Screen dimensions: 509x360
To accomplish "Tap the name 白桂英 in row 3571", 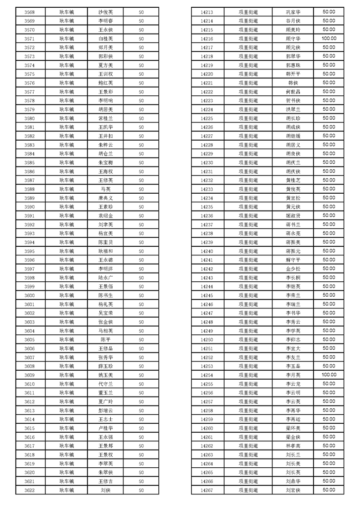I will coord(105,39).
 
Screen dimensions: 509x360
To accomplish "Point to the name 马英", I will coord(105,189).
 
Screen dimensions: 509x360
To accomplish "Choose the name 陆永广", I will coord(105,278).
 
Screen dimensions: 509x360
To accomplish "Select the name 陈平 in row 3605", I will coord(105,340).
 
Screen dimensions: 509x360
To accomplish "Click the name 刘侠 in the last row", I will coord(105,490).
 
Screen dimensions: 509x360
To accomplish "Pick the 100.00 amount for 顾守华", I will coord(329,39).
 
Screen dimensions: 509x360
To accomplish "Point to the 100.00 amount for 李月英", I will coord(329,375).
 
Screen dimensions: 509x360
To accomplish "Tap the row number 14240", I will coord(207,251).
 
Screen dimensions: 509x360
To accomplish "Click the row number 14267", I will coord(207,490).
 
